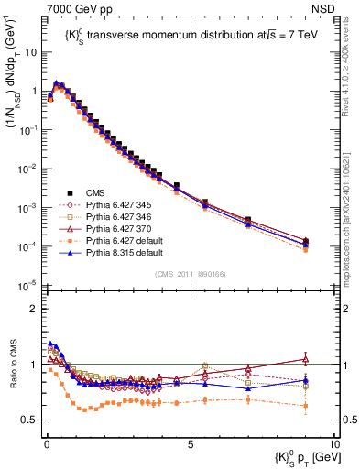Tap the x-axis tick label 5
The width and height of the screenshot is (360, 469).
pyautogui.click(x=189, y=444)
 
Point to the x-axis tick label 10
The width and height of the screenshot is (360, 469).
pyautogui.click(x=333, y=444)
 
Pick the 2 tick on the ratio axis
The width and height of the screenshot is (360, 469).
pyautogui.click(x=35, y=309)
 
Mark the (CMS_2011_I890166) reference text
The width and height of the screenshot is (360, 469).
pyautogui.click(x=190, y=274)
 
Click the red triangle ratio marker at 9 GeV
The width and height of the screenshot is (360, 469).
pyautogui.click(x=305, y=359)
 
